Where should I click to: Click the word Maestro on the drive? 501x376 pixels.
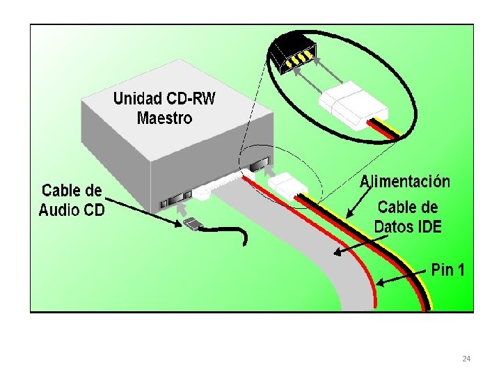coord(164,118)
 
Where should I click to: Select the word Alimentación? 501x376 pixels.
coord(404,182)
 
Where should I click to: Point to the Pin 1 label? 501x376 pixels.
coord(448,270)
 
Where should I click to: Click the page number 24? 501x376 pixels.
coord(466,359)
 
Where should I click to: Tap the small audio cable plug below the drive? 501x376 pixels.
coord(193,224)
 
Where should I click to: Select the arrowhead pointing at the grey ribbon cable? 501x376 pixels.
coord(337,252)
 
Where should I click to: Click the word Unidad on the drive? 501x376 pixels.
coord(137,99)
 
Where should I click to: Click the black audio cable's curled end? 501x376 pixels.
coord(246,241)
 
